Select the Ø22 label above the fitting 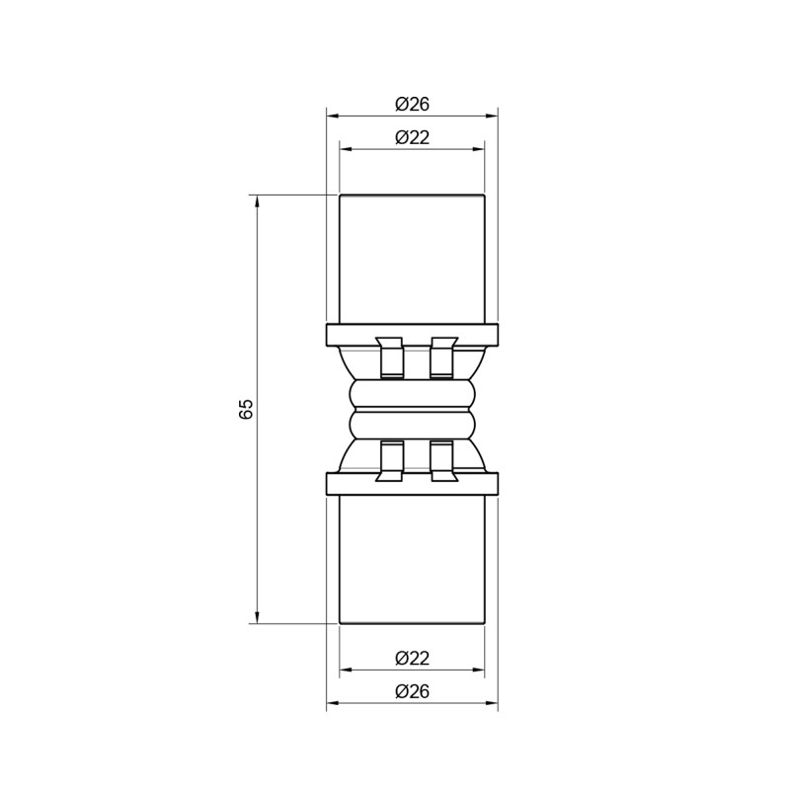pos(412,137)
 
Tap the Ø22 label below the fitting pos(412,658)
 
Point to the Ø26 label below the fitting pos(412,691)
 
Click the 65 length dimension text pos(247,409)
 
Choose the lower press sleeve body pos(412,558)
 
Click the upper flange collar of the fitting pos(412,334)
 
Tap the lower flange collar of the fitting pos(412,484)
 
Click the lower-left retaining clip pos(391,461)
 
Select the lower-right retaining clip pos(441,461)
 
